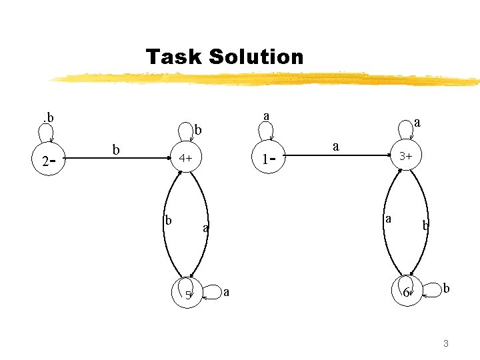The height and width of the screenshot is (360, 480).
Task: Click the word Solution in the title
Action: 255,57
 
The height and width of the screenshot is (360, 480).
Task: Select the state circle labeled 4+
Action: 186,159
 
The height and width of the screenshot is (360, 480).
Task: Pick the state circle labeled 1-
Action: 269,159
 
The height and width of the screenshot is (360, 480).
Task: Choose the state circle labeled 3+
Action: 405,157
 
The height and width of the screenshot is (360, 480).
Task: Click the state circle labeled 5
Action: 187,293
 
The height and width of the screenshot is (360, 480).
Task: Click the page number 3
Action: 445,343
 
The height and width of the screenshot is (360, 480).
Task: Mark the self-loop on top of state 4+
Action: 184,134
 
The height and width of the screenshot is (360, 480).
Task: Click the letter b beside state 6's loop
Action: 447,288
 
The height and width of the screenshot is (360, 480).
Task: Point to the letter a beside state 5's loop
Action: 227,291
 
